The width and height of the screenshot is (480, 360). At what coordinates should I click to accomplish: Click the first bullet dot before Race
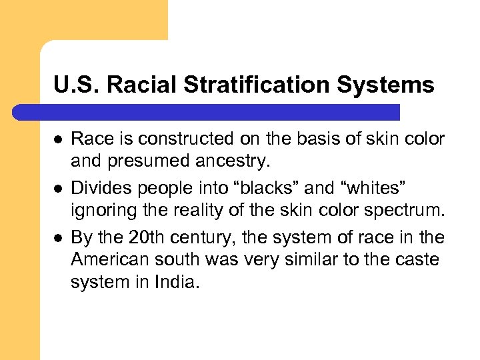pos(58,139)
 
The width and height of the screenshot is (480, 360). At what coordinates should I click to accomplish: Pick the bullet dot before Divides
pos(58,189)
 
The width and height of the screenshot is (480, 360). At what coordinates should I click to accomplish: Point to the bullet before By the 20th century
pos(58,237)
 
